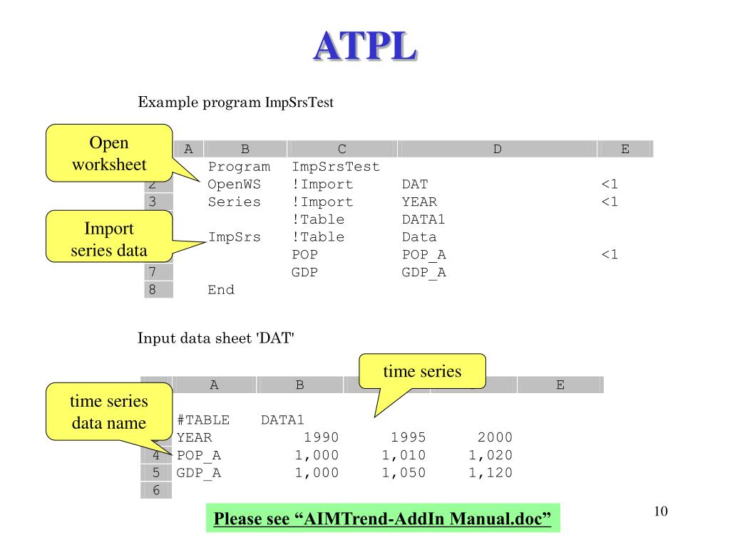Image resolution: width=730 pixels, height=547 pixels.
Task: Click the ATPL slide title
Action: [x=364, y=47]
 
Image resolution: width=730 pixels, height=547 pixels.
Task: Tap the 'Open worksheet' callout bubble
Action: [x=109, y=153]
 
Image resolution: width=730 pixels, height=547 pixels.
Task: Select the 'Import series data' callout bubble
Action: [x=109, y=240]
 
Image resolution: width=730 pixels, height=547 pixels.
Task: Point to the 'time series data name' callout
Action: [x=109, y=412]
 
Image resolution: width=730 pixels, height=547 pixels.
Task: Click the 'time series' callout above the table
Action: [x=422, y=371]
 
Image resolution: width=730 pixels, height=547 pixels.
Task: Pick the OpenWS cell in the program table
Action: [x=234, y=184]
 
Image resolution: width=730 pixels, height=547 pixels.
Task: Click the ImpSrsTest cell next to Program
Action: [x=336, y=167]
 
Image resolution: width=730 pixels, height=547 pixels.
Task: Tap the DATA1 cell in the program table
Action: [x=423, y=219]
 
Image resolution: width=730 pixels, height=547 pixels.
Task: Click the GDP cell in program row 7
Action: [x=305, y=272]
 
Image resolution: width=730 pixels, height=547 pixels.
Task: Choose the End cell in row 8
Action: [x=221, y=290]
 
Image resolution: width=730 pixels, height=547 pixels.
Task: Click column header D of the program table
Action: [x=497, y=149]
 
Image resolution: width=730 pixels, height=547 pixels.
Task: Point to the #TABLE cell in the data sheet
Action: [x=201, y=420]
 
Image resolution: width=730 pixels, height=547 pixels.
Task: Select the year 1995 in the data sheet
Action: [x=408, y=437]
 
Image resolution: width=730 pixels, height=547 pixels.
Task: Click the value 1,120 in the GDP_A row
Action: [x=490, y=472]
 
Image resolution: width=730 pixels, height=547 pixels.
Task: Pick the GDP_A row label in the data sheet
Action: [x=199, y=472]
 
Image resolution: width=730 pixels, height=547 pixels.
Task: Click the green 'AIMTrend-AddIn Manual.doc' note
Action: [x=384, y=519]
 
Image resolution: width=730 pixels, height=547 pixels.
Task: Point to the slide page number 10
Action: [x=659, y=511]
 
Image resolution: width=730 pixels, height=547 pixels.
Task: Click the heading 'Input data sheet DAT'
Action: [x=216, y=339]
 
